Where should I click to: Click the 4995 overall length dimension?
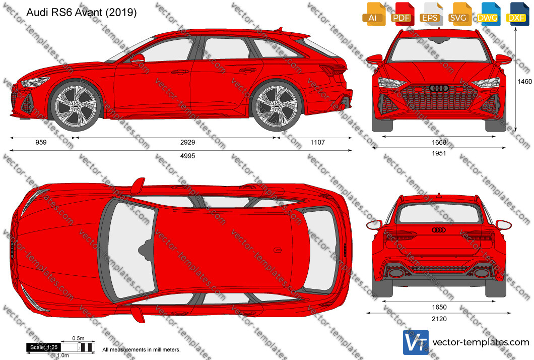pos(187,156)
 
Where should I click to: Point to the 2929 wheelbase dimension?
pos(187,142)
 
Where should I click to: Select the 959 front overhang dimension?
pos(41,142)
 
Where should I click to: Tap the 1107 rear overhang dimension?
pos(317,142)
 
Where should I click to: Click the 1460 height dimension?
pos(524,81)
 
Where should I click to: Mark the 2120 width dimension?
pos(439,319)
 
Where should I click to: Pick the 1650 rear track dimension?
pos(439,307)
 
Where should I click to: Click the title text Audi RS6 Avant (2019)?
pos(82,13)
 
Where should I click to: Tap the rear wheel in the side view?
pos(277,106)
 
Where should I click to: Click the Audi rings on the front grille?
pos(439,88)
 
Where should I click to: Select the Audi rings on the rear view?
pos(439,230)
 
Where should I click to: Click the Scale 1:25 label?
pos(44,347)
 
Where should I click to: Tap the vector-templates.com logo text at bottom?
pos(481,342)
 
